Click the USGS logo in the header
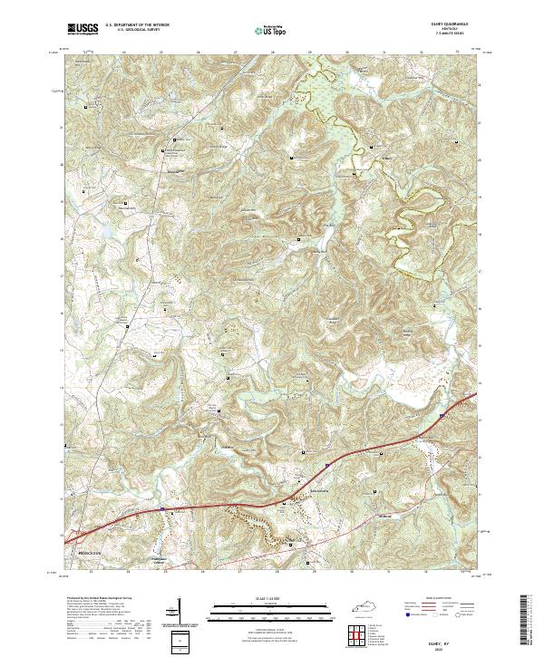[x=83, y=30]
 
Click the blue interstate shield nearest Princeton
[x=161, y=509]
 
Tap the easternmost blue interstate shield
[x=442, y=415]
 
